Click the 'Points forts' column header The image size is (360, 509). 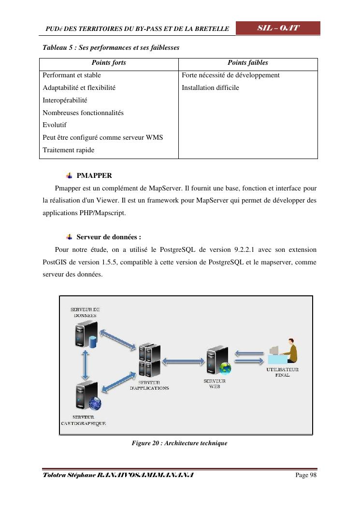click(109, 63)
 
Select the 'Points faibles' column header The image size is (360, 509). click(247, 63)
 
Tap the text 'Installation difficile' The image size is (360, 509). click(210, 88)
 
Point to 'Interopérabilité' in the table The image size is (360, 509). click(65, 100)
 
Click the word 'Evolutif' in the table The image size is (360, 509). click(55, 125)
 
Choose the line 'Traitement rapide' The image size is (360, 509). click(69, 150)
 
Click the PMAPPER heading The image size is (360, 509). click(94, 175)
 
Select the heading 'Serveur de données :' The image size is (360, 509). click(109, 237)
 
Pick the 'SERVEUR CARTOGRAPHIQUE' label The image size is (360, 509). click(84, 420)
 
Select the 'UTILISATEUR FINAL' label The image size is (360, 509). click(283, 372)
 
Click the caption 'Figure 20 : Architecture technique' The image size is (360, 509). click(179, 443)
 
